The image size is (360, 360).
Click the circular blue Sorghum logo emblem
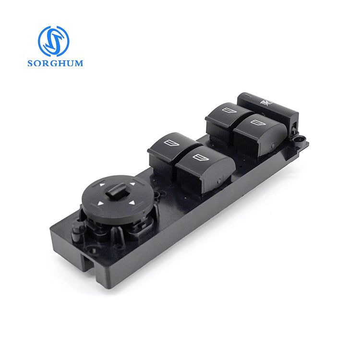click(x=53, y=41)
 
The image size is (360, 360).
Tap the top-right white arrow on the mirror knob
click(x=132, y=184)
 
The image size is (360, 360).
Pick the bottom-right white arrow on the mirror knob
click(x=130, y=206)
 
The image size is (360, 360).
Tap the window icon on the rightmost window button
click(x=256, y=121)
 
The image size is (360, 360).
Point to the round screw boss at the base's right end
click(x=300, y=141)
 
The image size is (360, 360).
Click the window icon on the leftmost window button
click(x=170, y=142)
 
